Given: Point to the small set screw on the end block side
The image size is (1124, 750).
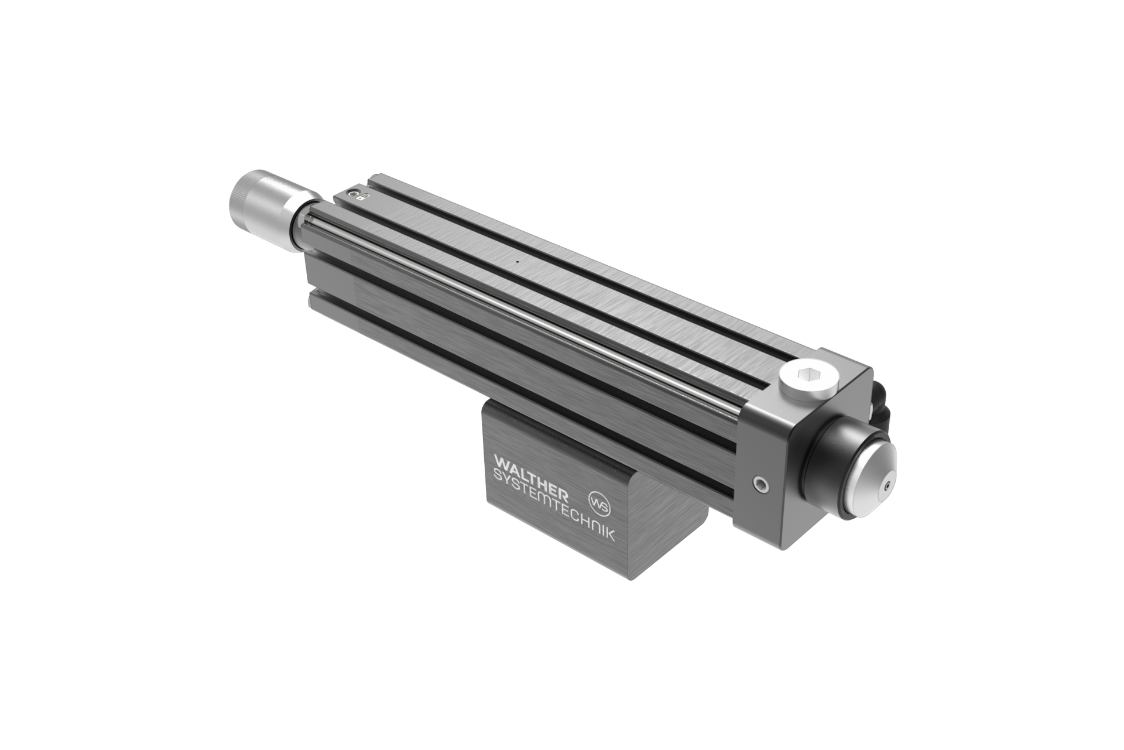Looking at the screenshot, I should (760, 484).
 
